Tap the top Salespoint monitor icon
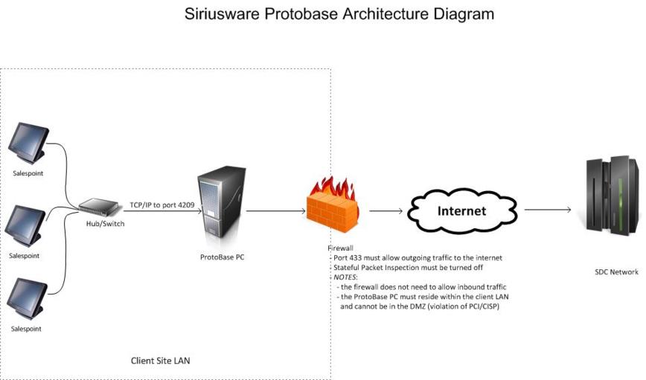coord(29,142)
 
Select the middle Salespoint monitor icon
coord(26,225)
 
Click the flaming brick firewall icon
coord(333,205)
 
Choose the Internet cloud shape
coord(461,210)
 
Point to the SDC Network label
coord(616,272)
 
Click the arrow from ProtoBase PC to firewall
coord(275,210)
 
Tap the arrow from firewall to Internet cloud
coord(386,210)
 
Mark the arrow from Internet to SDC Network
coord(547,210)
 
